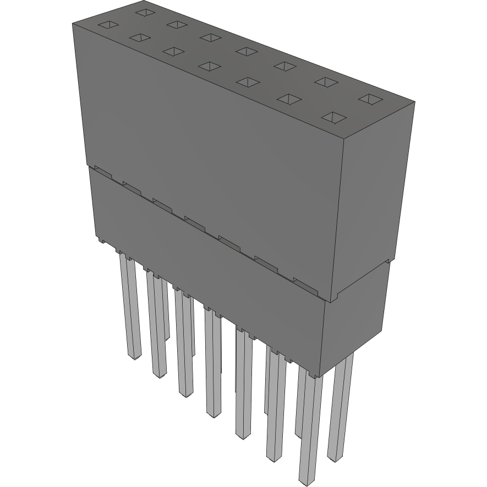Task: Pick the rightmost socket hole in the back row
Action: pyautogui.click(x=370, y=99)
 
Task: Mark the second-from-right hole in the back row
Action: pyautogui.click(x=326, y=82)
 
